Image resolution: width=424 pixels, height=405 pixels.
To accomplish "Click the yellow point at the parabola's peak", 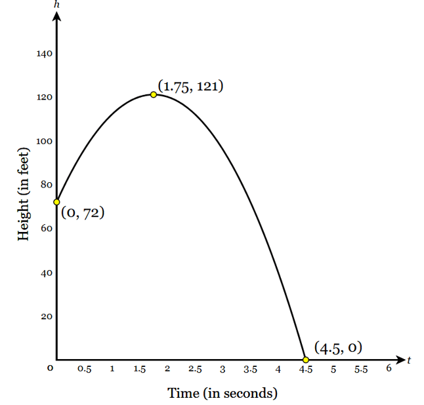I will (154, 94).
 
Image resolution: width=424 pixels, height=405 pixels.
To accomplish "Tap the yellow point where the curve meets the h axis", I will (56, 202).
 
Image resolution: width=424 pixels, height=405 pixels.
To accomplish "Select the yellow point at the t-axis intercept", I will (305, 359).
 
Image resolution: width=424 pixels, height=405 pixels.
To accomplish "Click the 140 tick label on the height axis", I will (45, 54).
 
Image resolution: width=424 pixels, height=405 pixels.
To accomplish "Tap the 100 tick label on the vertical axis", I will (45, 142).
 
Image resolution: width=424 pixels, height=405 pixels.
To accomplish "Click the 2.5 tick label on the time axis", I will (195, 370).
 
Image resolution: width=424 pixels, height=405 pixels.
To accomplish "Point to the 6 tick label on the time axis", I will (389, 369).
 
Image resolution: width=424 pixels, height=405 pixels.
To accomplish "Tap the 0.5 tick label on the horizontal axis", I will (84, 370).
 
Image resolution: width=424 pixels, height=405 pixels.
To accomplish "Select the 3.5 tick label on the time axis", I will (250, 370).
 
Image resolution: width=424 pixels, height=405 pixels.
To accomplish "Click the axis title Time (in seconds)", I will (223, 393).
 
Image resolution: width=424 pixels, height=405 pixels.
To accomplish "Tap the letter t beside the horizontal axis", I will (408, 360).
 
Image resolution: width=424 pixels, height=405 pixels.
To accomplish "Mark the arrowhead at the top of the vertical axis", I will (56, 16).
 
